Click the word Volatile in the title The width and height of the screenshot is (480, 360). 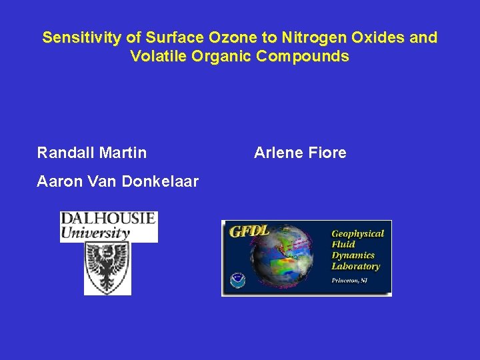click(158, 56)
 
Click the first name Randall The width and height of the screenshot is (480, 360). click(65, 153)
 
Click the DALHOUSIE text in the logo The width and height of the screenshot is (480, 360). click(108, 219)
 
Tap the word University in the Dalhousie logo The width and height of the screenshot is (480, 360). click(95, 233)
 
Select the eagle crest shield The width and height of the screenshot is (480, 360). click(107, 268)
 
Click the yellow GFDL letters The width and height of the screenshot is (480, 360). click(249, 231)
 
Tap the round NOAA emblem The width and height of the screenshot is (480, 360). click(237, 280)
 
